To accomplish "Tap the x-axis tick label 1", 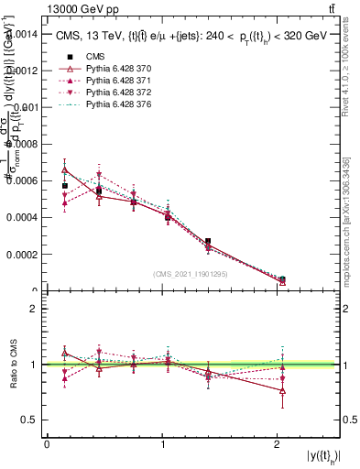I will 162,444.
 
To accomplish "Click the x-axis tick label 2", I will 278,444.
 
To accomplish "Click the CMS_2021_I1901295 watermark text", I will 190,274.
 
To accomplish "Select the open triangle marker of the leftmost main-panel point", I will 64,169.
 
